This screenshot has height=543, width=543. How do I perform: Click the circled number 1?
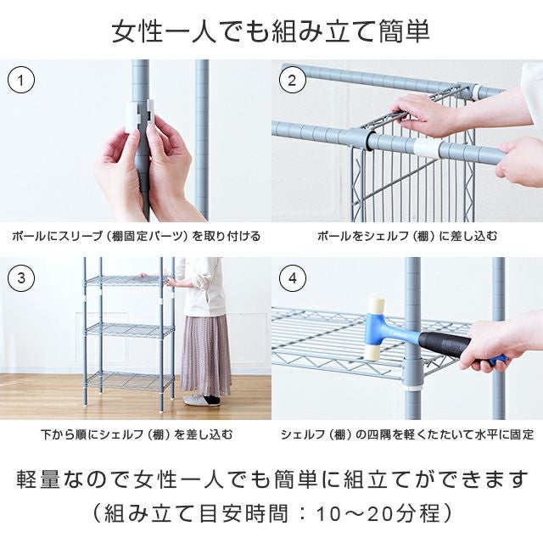pyautogui.click(x=20, y=81)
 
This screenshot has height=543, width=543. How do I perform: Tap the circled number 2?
pyautogui.click(x=293, y=81)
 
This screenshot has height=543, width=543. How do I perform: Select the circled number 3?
pyautogui.click(x=21, y=278)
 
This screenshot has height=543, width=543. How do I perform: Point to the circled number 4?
pyautogui.click(x=293, y=278)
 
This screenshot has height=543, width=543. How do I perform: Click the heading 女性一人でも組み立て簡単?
pyautogui.click(x=271, y=31)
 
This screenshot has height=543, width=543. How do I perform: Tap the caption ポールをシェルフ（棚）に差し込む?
pyautogui.click(x=407, y=236)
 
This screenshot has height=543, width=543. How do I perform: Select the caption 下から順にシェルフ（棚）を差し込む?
pyautogui.click(x=137, y=434)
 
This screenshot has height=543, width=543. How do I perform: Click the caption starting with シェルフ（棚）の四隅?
pyautogui.click(x=407, y=434)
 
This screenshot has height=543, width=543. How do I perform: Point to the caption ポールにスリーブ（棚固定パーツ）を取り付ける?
pyautogui.click(x=136, y=236)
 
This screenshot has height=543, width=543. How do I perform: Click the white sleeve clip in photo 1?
pyautogui.click(x=139, y=117)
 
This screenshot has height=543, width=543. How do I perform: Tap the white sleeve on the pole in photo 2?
pyautogui.click(x=427, y=149)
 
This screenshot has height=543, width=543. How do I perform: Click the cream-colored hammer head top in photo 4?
pyautogui.click(x=375, y=305)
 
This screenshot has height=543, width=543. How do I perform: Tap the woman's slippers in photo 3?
pyautogui.click(x=202, y=400)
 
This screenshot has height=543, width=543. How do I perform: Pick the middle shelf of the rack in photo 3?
pyautogui.click(x=130, y=330)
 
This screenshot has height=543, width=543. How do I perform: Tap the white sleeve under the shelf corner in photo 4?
pyautogui.click(x=412, y=385)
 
